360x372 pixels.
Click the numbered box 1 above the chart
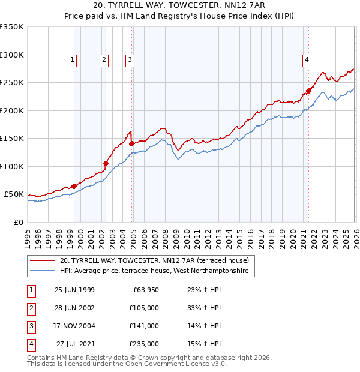click(x=72, y=59)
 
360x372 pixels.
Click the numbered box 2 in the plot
click(x=104, y=59)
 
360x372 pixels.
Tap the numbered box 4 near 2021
click(x=307, y=59)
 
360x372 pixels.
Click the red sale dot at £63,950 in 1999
click(x=74, y=186)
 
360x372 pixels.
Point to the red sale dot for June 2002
click(x=106, y=163)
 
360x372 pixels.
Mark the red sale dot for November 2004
click(x=131, y=143)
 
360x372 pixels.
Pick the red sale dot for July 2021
click(x=309, y=91)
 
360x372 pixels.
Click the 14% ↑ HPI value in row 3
click(x=200, y=326)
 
